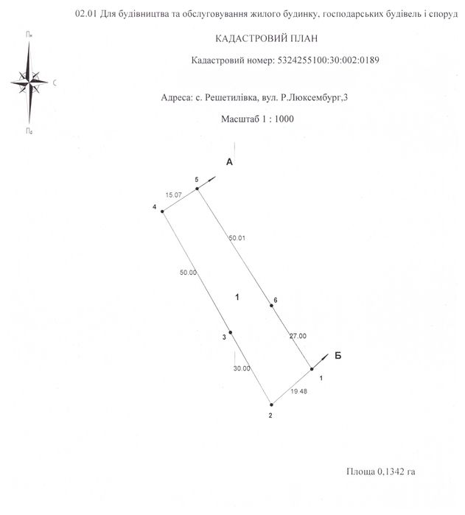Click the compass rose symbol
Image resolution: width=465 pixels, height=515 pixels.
click(x=30, y=82)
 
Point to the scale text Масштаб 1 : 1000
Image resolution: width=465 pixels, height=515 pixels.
click(x=257, y=118)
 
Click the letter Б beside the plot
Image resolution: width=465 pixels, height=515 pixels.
click(x=338, y=355)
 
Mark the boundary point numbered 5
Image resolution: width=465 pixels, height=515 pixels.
click(x=197, y=189)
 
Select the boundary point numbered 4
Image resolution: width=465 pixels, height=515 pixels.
click(x=162, y=211)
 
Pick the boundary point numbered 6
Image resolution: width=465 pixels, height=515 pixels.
click(x=272, y=306)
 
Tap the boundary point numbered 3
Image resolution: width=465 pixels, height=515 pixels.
click(x=231, y=332)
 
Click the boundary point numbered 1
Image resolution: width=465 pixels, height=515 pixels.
click(x=312, y=369)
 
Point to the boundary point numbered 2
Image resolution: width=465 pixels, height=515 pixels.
click(x=271, y=404)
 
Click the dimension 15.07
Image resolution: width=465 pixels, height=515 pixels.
click(x=173, y=195)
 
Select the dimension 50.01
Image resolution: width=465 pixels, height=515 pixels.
click(x=237, y=238)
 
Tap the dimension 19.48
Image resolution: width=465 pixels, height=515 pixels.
click(x=298, y=393)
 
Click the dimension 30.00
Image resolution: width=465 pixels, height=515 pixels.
click(x=242, y=368)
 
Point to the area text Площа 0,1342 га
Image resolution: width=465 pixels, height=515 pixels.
click(x=385, y=470)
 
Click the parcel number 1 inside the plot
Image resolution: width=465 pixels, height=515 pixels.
click(x=237, y=297)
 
